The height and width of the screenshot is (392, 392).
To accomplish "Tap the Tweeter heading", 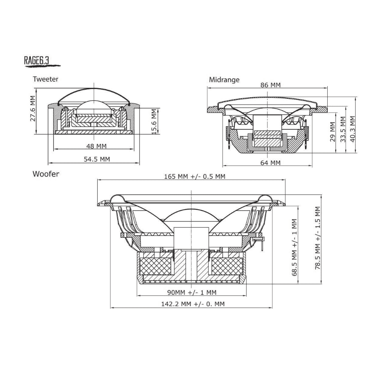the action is tap(45, 79).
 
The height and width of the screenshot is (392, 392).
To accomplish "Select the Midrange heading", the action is tap(224, 80).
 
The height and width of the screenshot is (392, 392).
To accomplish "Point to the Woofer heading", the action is tap(46, 174).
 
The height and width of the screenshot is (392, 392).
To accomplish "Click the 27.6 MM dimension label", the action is tap(33, 109).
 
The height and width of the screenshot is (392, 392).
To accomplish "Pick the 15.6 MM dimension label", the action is tap(154, 121).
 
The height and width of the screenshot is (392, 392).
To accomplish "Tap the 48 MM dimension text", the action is tap(96, 146).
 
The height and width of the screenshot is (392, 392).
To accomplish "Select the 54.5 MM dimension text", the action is tap(97, 159).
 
